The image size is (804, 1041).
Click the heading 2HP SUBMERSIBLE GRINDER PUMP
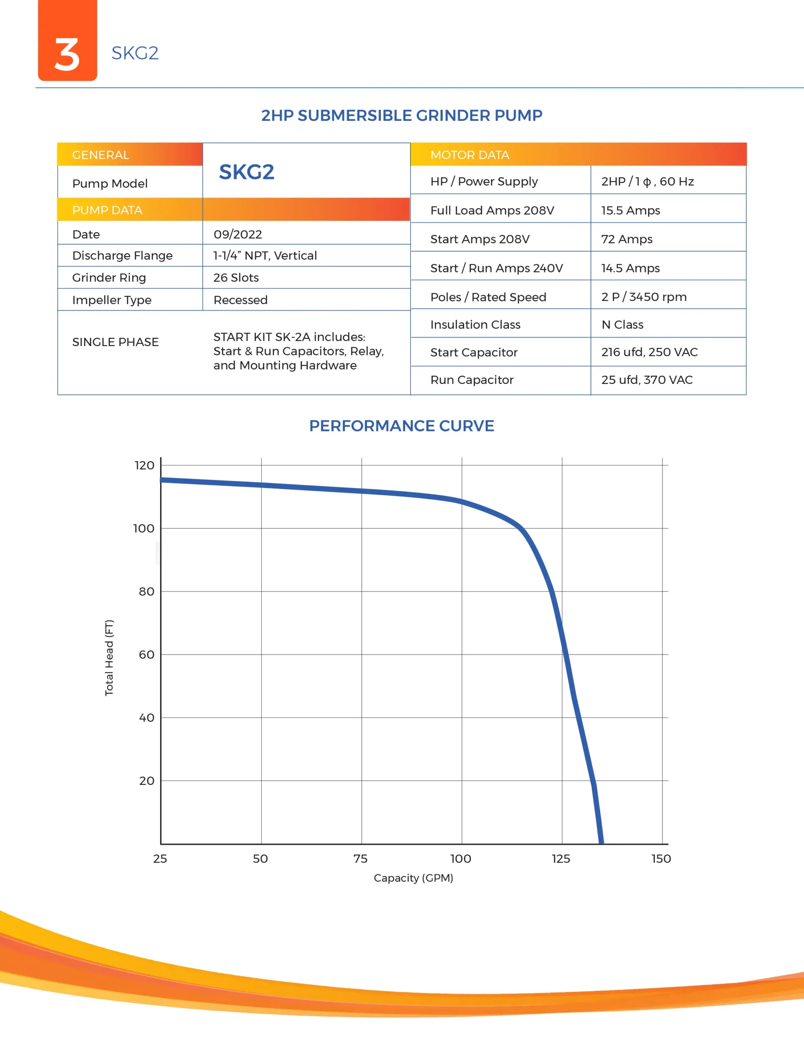click(x=402, y=115)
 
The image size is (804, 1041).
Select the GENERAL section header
click(x=100, y=155)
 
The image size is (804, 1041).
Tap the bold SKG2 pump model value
click(x=246, y=172)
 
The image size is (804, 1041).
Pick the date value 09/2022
click(x=237, y=235)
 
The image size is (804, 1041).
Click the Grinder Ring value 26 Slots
click(x=236, y=277)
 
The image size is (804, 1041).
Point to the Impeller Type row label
click(x=111, y=300)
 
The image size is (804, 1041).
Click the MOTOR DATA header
click(x=469, y=155)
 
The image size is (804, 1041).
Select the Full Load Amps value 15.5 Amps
click(x=630, y=210)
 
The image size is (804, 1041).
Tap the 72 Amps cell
click(x=626, y=239)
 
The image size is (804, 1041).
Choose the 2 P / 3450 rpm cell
click(x=643, y=297)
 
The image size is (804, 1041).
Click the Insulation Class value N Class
click(x=622, y=324)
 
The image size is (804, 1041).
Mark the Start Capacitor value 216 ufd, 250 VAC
click(x=649, y=352)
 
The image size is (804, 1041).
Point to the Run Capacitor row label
click(x=472, y=380)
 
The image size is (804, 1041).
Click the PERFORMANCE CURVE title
click(x=402, y=426)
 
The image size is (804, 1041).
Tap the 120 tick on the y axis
click(x=144, y=465)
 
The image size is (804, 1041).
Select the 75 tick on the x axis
click(x=360, y=858)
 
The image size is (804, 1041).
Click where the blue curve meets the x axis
click(x=601, y=843)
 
